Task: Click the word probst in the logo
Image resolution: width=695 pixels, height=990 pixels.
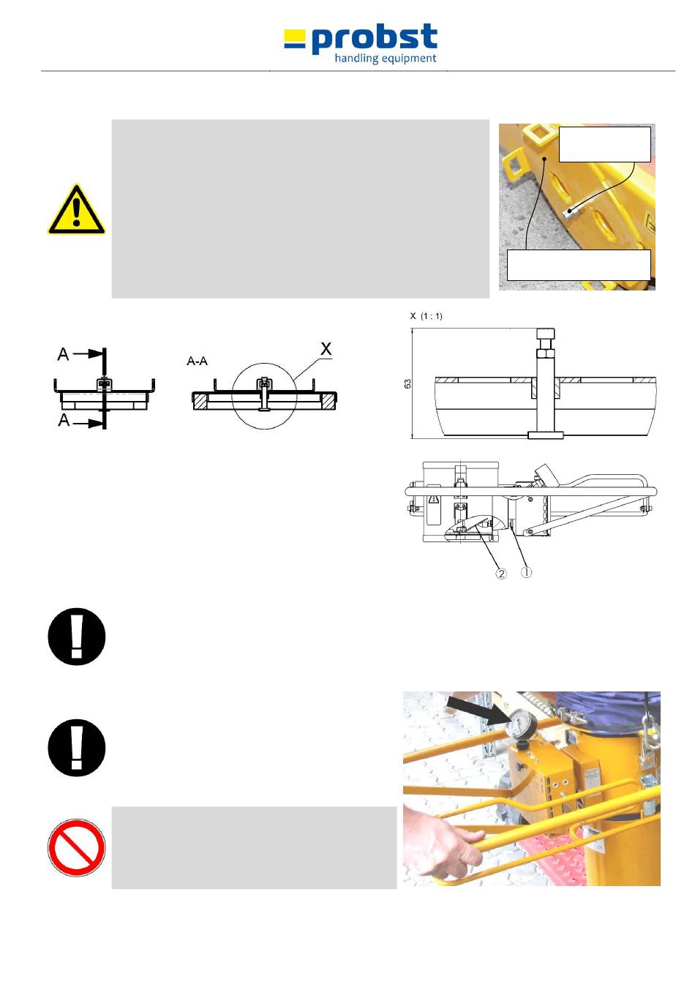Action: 375,39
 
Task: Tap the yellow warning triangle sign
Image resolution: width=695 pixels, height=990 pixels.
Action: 76,209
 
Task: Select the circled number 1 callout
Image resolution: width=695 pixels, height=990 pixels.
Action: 526,572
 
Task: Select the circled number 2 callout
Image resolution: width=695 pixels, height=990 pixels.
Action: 501,574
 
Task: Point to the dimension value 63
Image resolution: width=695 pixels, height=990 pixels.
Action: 407,383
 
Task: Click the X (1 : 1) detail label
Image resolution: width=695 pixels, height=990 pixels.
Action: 426,316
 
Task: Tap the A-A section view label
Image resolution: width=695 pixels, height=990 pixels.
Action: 197,361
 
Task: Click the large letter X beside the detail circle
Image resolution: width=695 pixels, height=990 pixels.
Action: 326,349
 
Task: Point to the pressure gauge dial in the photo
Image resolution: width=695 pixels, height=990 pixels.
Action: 520,725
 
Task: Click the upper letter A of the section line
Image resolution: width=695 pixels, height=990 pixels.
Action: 63,354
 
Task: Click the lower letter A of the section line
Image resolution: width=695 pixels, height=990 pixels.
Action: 64,419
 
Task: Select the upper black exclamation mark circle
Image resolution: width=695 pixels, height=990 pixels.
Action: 76,637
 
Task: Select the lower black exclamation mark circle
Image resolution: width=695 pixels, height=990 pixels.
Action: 76,749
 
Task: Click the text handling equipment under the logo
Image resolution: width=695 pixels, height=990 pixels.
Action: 386,59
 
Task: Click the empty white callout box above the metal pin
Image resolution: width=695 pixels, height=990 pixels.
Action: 604,145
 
